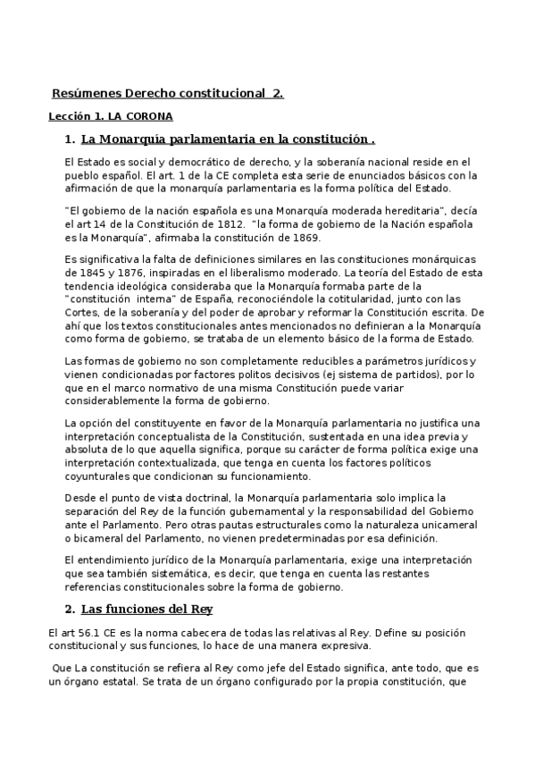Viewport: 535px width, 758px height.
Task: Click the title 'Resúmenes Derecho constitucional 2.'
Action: click(x=167, y=93)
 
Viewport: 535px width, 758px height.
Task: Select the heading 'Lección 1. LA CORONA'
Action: click(x=110, y=116)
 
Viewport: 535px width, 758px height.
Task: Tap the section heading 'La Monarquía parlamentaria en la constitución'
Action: click(x=224, y=139)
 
